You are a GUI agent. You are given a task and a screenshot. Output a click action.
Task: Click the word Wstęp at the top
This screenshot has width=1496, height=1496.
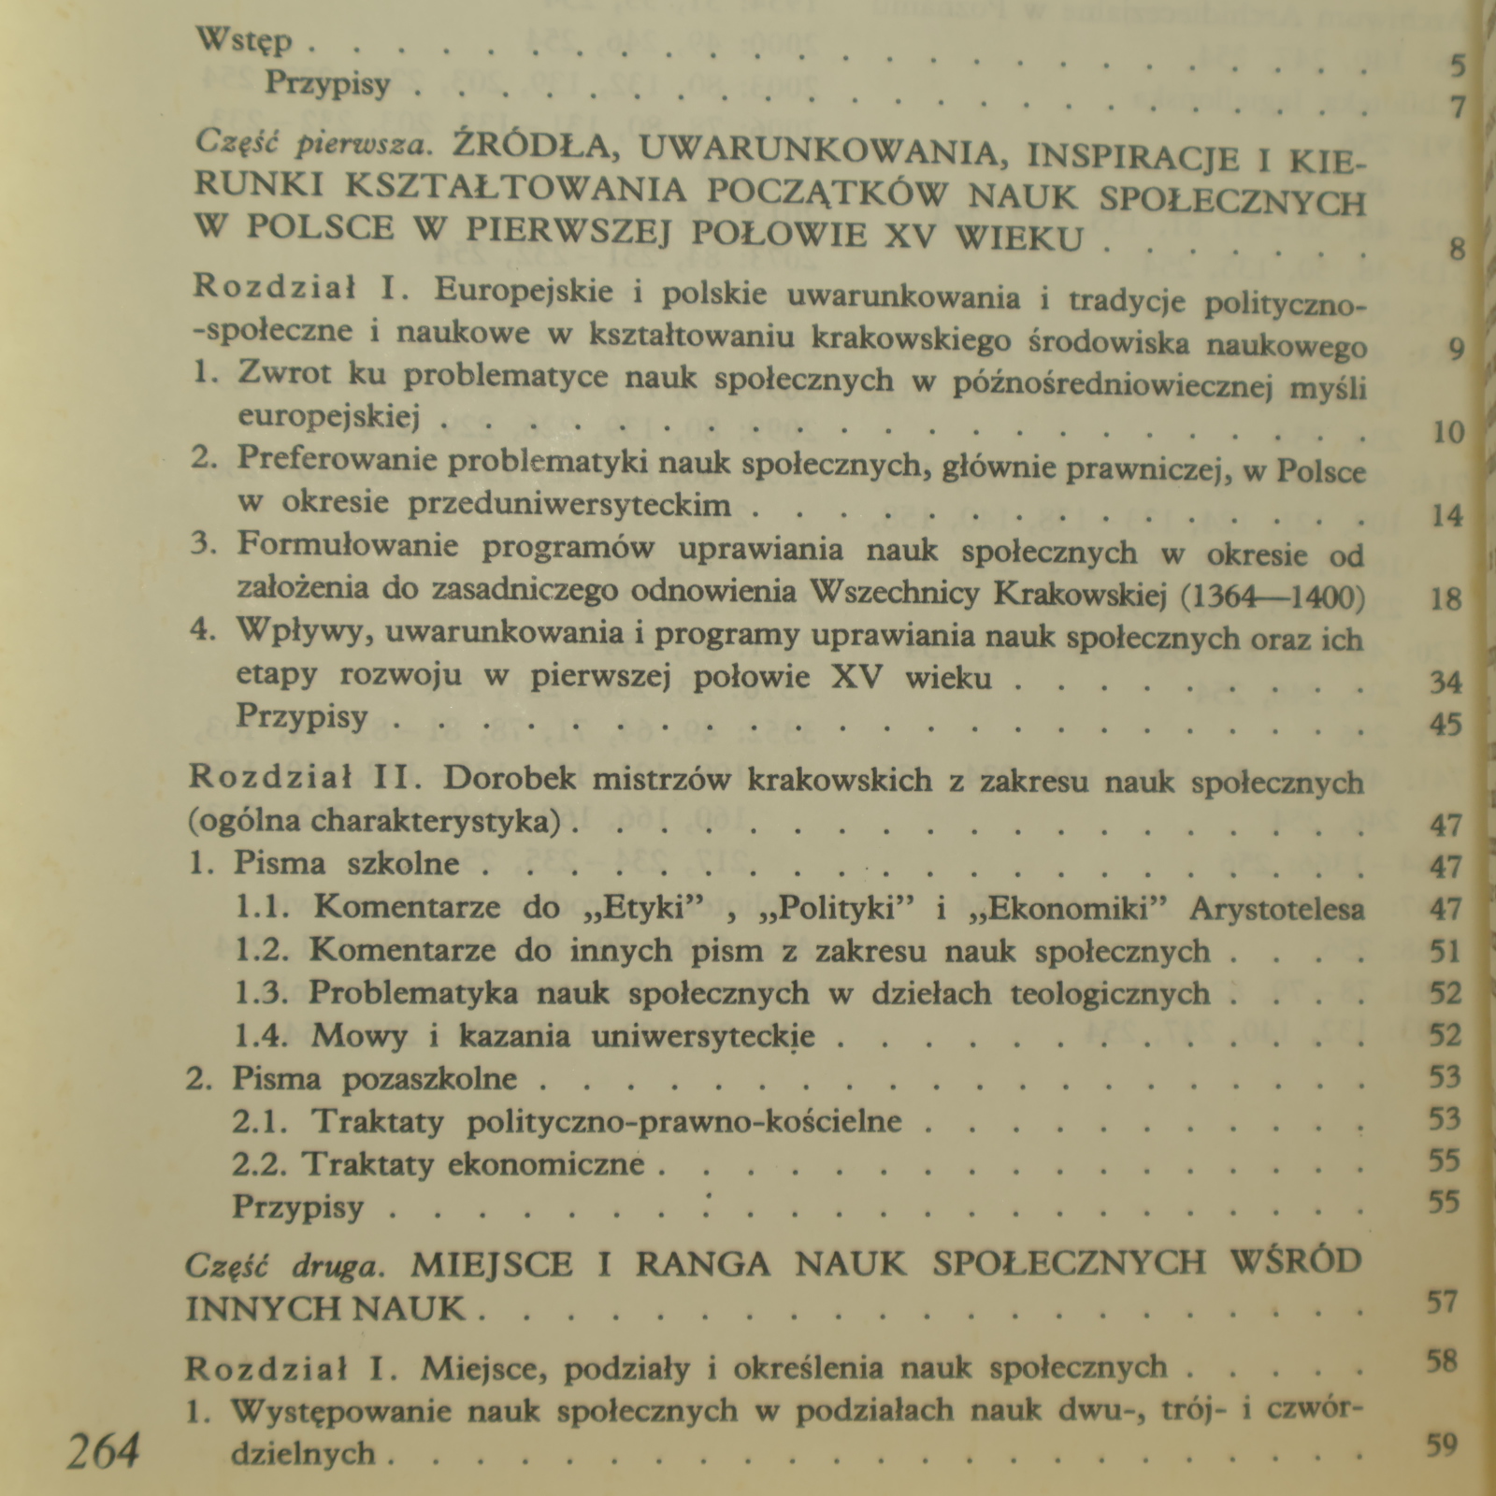pos(245,42)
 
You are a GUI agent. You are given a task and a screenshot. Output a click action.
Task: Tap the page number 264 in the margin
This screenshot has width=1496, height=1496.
pos(104,1451)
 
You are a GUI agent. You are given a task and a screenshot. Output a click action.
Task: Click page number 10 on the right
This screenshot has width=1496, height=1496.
pos(1447,432)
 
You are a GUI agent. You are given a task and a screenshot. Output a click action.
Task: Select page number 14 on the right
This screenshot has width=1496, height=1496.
pos(1447,515)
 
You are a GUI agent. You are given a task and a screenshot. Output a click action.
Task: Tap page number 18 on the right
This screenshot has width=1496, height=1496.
pos(1446,598)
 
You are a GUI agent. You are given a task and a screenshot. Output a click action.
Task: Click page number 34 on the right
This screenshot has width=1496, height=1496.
pos(1446,682)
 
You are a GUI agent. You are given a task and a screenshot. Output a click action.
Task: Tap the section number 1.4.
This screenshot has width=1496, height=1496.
pos(261,1036)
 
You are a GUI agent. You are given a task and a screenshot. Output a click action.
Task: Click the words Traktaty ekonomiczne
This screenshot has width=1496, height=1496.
pos(473,1164)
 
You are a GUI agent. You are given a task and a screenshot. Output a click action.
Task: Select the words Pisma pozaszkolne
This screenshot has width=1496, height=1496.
pos(374,1078)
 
